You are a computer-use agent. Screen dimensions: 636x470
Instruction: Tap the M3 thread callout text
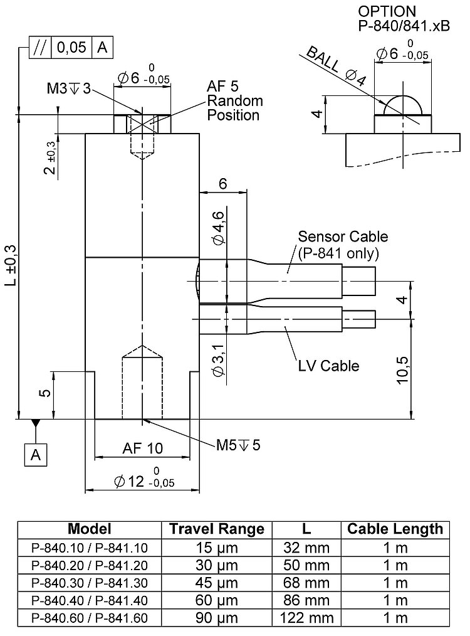[68, 89]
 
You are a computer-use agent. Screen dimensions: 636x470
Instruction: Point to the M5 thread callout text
[238, 445]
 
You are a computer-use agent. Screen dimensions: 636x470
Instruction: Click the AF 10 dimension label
[142, 448]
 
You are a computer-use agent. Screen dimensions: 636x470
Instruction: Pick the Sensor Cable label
[343, 236]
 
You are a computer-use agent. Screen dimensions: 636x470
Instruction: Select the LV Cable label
[328, 365]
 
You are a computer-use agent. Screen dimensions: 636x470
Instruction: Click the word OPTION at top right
[387, 11]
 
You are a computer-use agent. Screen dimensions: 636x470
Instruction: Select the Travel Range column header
[216, 529]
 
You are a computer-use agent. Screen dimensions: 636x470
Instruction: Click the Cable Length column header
[395, 529]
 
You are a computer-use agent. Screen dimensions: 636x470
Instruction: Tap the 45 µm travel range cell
[216, 583]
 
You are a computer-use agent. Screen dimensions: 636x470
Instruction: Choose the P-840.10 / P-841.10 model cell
[89, 547]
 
